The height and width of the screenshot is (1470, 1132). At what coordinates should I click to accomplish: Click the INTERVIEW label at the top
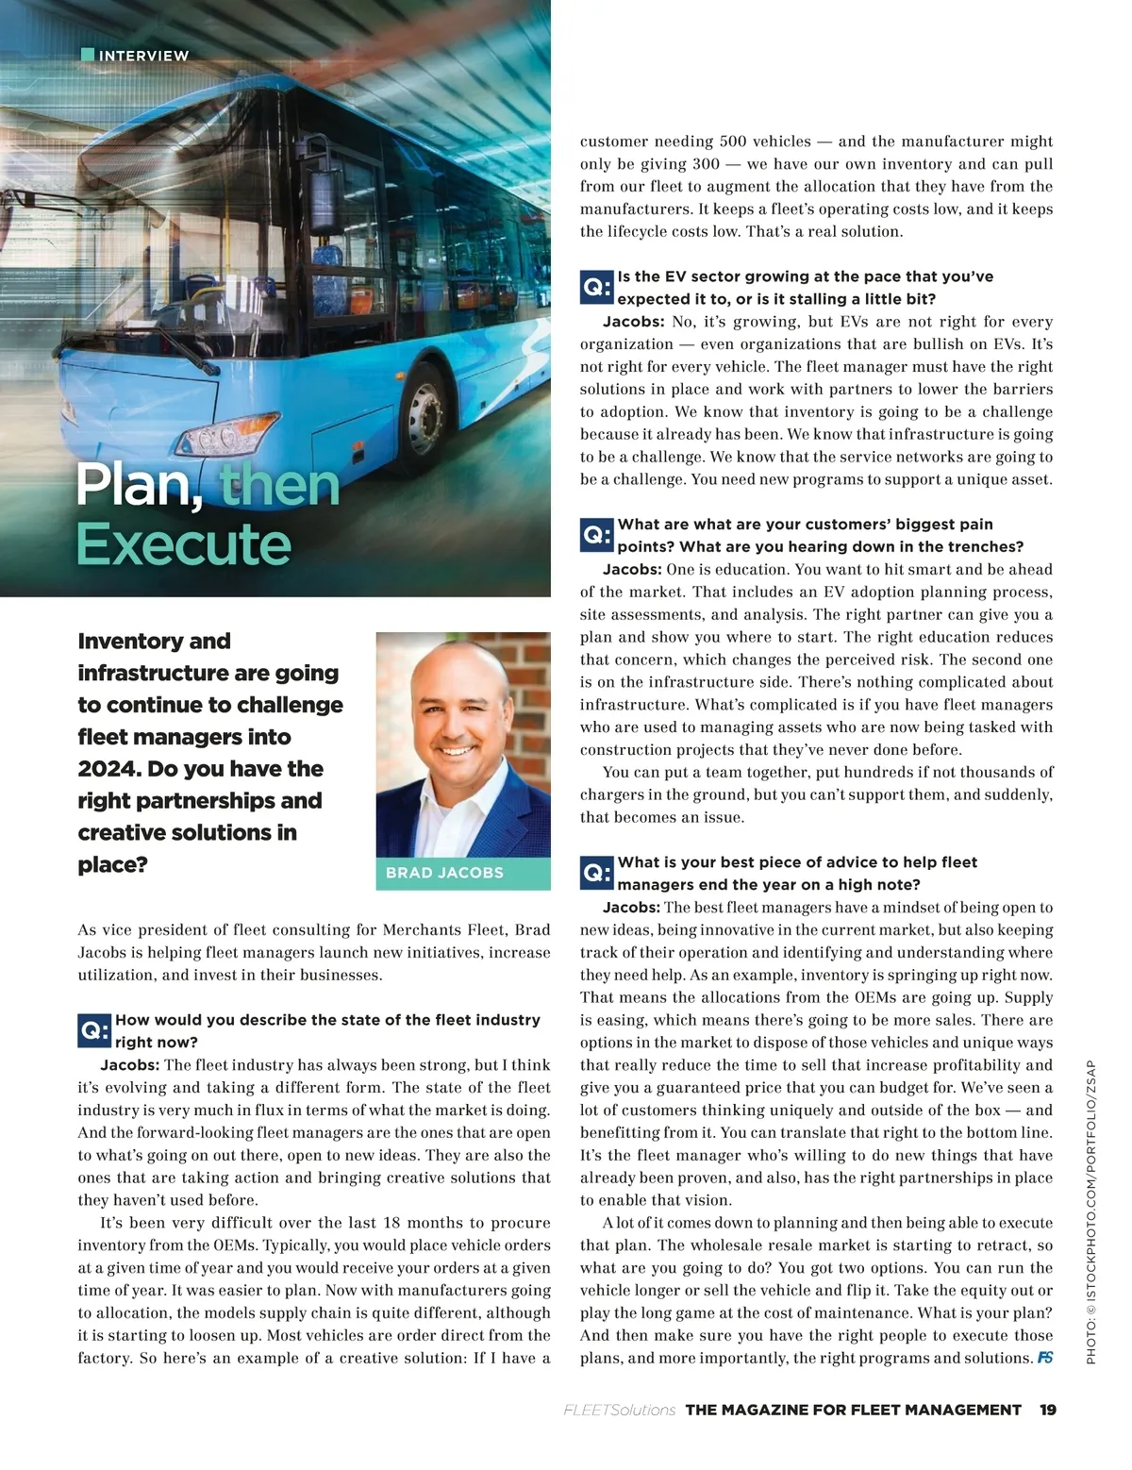tap(143, 56)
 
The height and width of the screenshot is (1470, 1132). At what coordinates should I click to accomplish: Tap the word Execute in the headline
tap(183, 544)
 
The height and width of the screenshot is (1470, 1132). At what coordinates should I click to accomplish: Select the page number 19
tap(1047, 1410)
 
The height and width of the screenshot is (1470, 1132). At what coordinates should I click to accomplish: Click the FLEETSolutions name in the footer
tap(619, 1410)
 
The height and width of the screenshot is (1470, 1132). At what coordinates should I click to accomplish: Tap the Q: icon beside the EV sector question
tap(597, 287)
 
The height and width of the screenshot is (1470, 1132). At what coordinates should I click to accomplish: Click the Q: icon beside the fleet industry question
tap(95, 1030)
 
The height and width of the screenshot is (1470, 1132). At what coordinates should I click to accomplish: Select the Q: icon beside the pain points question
tap(597, 535)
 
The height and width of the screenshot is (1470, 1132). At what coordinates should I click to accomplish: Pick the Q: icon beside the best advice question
tap(597, 873)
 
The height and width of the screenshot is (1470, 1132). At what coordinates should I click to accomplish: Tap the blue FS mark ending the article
tap(1044, 1358)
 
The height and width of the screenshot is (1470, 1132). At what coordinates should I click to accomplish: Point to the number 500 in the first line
tap(733, 142)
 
